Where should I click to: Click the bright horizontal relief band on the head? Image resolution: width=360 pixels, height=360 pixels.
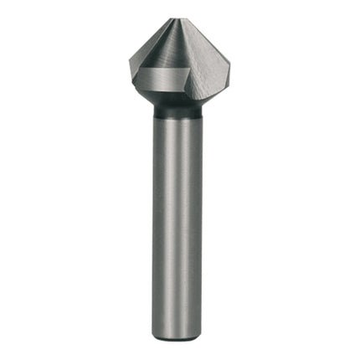[164, 86]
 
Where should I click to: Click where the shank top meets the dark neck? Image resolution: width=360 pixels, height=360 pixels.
[176, 119]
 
